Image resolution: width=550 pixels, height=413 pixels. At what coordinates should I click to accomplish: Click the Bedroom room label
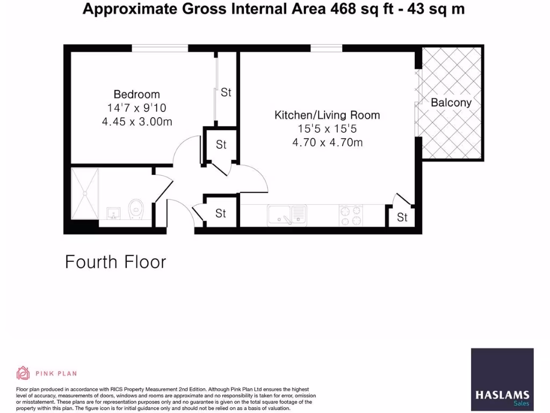point(136,94)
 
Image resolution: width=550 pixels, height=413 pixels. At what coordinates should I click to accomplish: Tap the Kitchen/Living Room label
point(327,115)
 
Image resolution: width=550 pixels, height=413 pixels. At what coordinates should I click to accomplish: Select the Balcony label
point(451,103)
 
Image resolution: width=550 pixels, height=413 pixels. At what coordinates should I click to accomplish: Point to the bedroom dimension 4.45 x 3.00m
point(136,122)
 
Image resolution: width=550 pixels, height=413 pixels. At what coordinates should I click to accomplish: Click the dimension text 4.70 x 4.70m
point(327,143)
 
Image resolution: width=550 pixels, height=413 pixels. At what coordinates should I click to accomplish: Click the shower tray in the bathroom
point(85,193)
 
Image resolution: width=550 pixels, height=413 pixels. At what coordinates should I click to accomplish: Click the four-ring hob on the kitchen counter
point(352,216)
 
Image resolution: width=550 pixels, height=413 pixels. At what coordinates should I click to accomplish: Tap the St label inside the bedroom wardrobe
point(226,92)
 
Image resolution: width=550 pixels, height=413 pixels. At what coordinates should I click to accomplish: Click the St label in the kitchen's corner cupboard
point(402,217)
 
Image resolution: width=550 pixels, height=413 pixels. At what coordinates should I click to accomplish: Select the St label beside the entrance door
point(221,213)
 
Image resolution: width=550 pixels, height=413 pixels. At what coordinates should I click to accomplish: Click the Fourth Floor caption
point(115,262)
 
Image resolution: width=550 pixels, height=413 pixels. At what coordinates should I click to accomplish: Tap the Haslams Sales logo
point(502,380)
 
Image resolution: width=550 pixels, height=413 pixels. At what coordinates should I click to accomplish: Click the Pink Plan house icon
point(23,373)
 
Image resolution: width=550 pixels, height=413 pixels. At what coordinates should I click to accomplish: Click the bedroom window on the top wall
point(160,48)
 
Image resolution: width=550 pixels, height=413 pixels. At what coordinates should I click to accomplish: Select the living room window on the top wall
point(327,48)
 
